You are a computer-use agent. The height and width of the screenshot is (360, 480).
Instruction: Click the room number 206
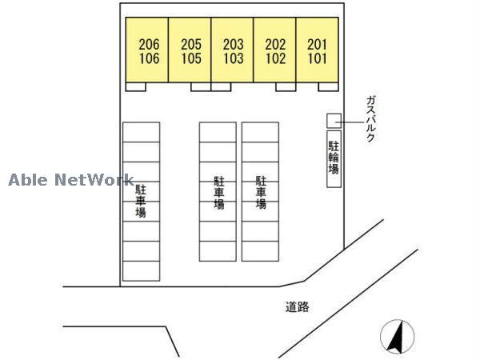(149, 44)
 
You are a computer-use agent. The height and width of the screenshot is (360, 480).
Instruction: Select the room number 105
(191, 58)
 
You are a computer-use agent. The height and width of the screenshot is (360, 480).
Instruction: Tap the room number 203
(234, 44)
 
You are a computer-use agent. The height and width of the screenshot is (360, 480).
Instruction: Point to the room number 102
(275, 58)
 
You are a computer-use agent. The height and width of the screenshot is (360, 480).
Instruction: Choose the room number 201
(317, 44)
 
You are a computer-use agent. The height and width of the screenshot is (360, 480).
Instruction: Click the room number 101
(317, 58)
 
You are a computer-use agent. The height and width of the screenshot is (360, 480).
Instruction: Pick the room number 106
(149, 58)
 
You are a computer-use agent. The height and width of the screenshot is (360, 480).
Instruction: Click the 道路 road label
(298, 306)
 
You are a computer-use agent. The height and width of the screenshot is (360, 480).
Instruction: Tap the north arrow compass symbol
(397, 336)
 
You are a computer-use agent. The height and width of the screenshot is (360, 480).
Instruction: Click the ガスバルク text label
(370, 118)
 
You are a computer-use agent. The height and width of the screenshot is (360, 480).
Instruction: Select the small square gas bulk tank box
(334, 121)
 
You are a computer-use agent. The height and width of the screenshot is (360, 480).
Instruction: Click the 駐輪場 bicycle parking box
(334, 159)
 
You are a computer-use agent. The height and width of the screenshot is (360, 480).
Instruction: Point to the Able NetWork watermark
(71, 180)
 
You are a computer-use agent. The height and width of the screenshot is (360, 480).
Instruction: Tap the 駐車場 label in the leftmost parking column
(141, 201)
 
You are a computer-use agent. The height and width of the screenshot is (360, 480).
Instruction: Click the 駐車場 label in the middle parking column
(219, 193)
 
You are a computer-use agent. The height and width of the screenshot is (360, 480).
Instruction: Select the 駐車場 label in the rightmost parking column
(261, 193)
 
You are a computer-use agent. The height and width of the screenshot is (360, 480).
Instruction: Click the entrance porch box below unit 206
(136, 86)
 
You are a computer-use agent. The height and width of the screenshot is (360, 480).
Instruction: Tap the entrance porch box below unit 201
(328, 86)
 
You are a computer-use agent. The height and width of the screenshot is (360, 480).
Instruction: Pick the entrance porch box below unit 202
(286, 86)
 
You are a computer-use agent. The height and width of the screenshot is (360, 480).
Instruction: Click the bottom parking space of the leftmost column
(141, 271)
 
